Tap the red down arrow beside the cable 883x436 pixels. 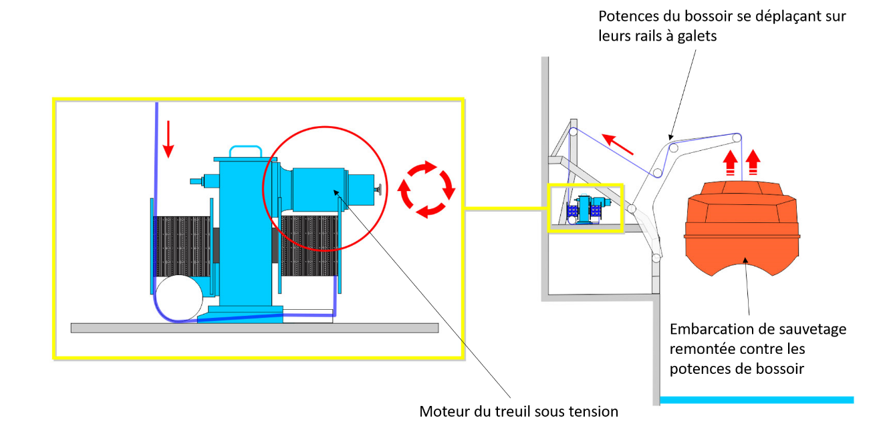click(x=168, y=139)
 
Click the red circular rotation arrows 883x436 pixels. click(x=426, y=189)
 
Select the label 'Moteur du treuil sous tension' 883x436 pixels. click(x=519, y=411)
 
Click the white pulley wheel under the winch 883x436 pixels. click(x=178, y=298)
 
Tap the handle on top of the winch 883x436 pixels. click(x=245, y=150)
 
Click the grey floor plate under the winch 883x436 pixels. click(x=254, y=328)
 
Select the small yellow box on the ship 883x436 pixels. click(x=585, y=208)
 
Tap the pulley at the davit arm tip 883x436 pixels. click(x=736, y=138)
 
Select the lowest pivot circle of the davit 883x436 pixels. click(x=656, y=258)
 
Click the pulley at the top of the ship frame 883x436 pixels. click(x=573, y=134)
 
